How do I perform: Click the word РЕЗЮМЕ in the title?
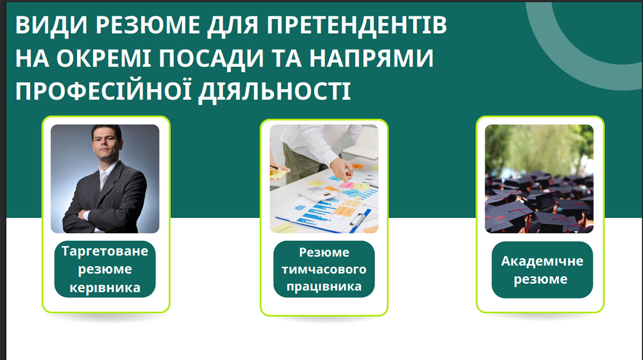148,25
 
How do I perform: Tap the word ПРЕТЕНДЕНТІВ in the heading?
357,26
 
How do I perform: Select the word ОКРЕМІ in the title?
103,58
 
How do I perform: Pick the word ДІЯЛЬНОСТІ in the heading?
275,92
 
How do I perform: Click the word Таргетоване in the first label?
105,251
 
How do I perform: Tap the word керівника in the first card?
105,288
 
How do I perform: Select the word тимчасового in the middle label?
324,269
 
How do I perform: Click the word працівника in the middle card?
324,287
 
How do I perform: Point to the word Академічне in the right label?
542,261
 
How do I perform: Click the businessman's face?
107,145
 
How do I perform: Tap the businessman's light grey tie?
103,181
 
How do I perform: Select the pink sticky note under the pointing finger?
347,185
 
